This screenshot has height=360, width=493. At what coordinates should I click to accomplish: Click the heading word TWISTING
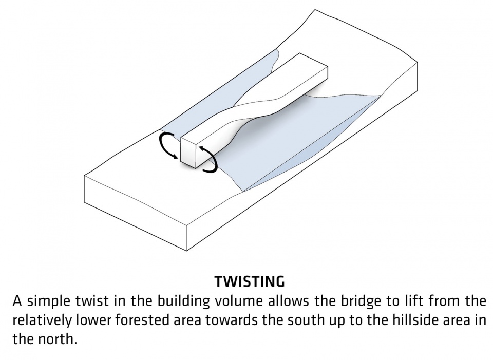[x=250, y=281]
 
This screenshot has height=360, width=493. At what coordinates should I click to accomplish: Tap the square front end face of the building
[x=188, y=153]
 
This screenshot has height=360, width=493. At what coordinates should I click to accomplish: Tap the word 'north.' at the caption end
[x=58, y=339]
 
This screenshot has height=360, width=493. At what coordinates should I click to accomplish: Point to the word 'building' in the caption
[x=184, y=301]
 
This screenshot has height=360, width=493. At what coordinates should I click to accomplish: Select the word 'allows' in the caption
[x=289, y=301]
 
